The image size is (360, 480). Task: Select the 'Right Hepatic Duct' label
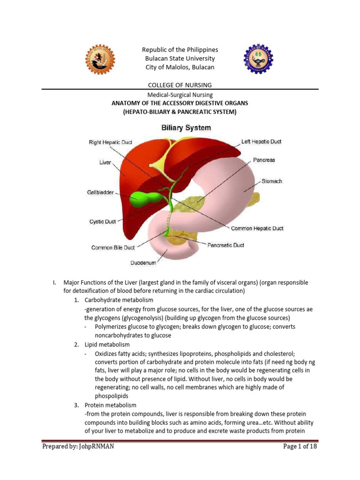pos(110,142)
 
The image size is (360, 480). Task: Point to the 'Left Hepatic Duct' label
pos(261,141)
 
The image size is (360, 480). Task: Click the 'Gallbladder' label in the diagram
pos(100,192)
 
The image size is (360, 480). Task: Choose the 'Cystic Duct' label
pos(103,222)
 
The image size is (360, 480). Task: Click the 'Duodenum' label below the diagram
pos(143,263)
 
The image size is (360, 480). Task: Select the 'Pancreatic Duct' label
pos(225,245)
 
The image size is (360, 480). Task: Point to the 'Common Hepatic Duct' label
pos(257,229)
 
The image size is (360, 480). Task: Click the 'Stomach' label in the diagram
pos(272,181)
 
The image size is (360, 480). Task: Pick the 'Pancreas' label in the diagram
pos(264,160)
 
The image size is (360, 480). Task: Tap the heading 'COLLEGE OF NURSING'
pos(180,85)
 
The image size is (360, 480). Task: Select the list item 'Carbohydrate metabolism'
pos(119,300)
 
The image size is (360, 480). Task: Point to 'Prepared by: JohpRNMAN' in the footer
pos(78,447)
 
